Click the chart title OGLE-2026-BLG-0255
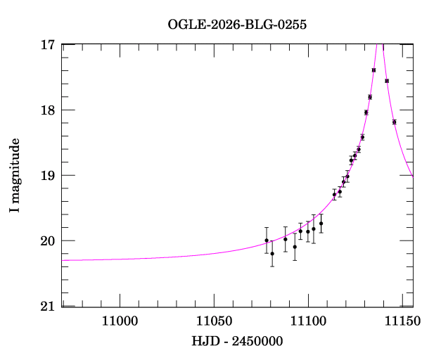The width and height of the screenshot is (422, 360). (x=237, y=25)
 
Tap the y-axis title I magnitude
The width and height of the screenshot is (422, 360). (x=15, y=175)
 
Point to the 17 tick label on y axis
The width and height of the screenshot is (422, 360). (x=49, y=45)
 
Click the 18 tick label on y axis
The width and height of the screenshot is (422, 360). (x=49, y=110)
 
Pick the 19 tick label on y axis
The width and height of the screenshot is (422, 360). (x=49, y=176)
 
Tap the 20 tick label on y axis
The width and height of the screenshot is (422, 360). (x=49, y=241)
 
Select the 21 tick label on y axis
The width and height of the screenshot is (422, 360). (x=49, y=307)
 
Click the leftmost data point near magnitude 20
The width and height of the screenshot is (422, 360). (x=267, y=240)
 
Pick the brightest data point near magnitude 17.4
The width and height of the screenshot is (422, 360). (x=373, y=70)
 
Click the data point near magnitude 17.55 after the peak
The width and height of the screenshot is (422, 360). (x=387, y=81)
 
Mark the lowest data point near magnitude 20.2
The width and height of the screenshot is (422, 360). (x=272, y=253)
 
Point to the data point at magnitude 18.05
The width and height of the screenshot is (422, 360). (x=366, y=112)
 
